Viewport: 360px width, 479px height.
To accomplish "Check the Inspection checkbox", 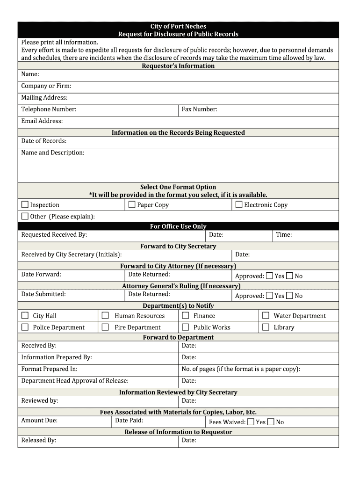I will (x=25, y=204).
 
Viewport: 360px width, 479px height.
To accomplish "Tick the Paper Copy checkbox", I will (x=132, y=204).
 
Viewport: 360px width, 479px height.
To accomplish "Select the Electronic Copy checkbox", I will (x=239, y=204).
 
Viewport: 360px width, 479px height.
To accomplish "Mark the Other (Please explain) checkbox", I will (x=25, y=216).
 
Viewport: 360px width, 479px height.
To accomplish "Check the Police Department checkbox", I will (x=25, y=327).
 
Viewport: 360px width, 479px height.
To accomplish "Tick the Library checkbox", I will (x=266, y=327).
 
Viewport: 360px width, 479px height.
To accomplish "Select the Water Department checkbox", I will (x=266, y=316).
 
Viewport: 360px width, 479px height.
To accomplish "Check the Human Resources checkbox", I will (x=105, y=316).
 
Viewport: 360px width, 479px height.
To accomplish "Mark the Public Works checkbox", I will (x=185, y=327).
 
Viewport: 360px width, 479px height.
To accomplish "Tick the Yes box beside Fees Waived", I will (x=251, y=422).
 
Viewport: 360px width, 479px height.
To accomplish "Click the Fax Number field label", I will (x=200, y=109).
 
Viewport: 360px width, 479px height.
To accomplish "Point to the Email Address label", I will (x=42, y=121).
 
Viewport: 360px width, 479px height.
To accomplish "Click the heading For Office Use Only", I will (x=178, y=226).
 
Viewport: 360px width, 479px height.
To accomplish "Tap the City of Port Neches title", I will (x=178, y=26).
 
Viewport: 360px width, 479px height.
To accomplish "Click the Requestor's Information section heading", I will (x=178, y=66).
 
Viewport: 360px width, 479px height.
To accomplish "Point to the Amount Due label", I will (x=39, y=421).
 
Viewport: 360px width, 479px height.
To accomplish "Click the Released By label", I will (x=39, y=440).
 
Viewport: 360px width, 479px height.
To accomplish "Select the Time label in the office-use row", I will (x=284, y=235).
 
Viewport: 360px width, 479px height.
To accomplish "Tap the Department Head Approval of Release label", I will (x=75, y=381).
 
